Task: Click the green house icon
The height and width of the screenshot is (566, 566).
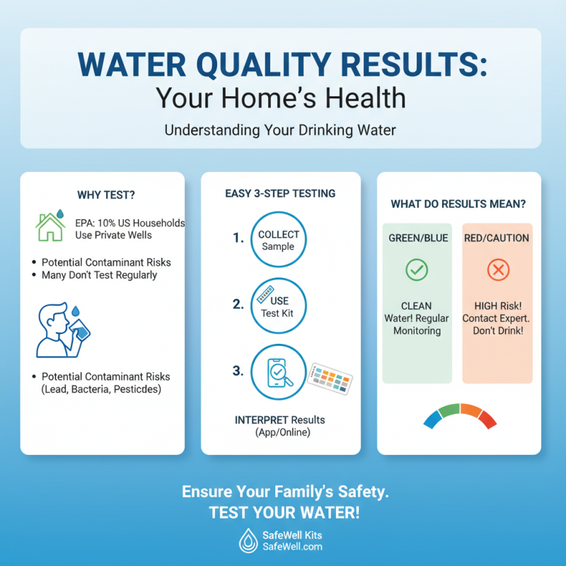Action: tap(50, 227)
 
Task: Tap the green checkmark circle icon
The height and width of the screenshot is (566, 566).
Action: tap(416, 270)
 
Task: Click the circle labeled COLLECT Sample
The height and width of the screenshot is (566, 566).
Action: tap(279, 240)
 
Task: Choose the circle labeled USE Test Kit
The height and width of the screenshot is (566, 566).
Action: tap(279, 306)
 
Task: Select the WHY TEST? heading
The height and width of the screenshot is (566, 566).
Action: tap(102, 195)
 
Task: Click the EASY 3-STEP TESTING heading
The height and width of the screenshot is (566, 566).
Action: tap(280, 193)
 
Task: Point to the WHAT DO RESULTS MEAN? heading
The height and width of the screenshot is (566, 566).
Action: tap(458, 204)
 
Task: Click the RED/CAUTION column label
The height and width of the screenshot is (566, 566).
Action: tap(497, 238)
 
